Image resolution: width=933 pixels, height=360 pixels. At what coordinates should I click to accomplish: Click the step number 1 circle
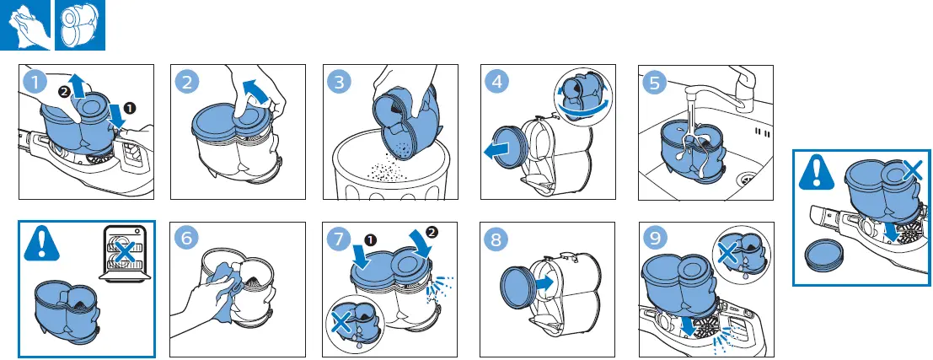(x=35, y=82)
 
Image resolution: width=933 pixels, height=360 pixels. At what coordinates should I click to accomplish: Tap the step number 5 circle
(x=655, y=82)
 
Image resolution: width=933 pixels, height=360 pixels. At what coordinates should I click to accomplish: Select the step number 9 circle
(x=655, y=239)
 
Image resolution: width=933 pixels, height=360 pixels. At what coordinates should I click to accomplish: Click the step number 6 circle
(x=187, y=239)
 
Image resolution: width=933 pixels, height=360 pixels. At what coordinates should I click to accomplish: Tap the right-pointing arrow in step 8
(x=544, y=282)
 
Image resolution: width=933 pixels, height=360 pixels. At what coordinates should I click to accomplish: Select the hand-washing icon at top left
(x=27, y=25)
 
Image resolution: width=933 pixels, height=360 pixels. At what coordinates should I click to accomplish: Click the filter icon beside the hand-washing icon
(x=80, y=25)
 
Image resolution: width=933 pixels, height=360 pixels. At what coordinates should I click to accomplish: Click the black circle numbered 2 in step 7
(x=432, y=233)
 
